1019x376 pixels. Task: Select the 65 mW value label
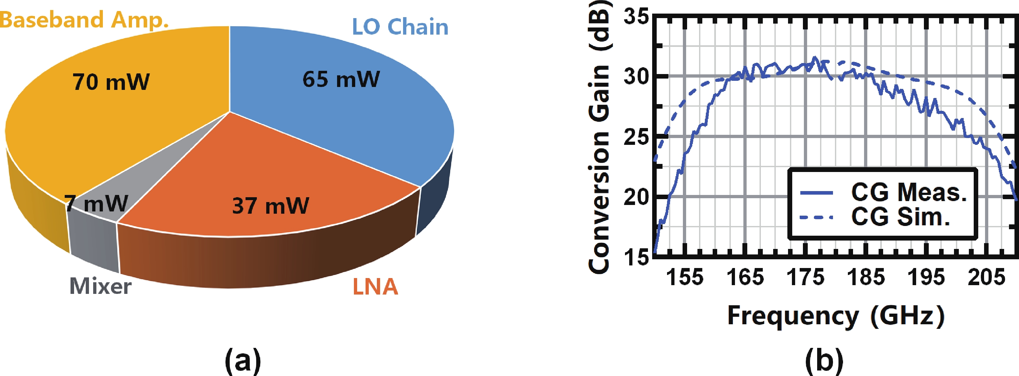(341, 79)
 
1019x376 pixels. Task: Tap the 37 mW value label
(270, 206)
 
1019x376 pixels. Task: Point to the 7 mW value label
(97, 204)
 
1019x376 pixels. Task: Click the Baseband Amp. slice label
(84, 20)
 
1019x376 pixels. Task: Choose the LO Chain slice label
(400, 27)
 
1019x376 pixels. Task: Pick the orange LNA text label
(375, 287)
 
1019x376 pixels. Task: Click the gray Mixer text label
(101, 286)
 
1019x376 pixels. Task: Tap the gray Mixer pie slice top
(158, 166)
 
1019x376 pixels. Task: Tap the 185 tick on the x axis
(866, 277)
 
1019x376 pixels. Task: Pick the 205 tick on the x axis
(986, 277)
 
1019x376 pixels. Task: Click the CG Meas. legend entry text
(909, 193)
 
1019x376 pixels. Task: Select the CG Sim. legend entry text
(900, 217)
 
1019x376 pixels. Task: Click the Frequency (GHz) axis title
(836, 316)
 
